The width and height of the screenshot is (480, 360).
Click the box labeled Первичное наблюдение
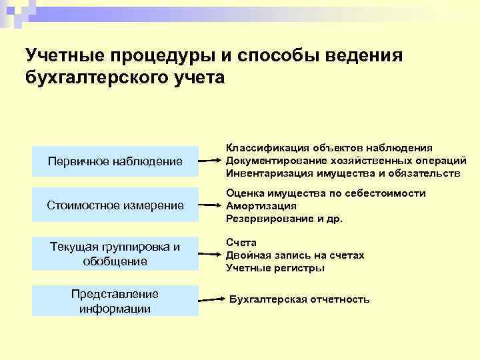(115, 161)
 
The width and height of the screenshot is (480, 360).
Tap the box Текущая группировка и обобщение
(115, 254)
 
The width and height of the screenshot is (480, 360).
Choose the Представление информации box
(115, 301)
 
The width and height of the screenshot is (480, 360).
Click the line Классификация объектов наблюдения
(329, 148)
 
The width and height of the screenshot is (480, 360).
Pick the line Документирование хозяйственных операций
(345, 161)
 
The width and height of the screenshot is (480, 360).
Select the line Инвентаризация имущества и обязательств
(343, 173)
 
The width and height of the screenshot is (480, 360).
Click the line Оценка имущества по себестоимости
(325, 193)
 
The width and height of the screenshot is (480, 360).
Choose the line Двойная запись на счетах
(295, 255)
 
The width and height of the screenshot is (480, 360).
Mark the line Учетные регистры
(275, 268)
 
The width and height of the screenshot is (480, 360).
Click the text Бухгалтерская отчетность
(299, 299)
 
